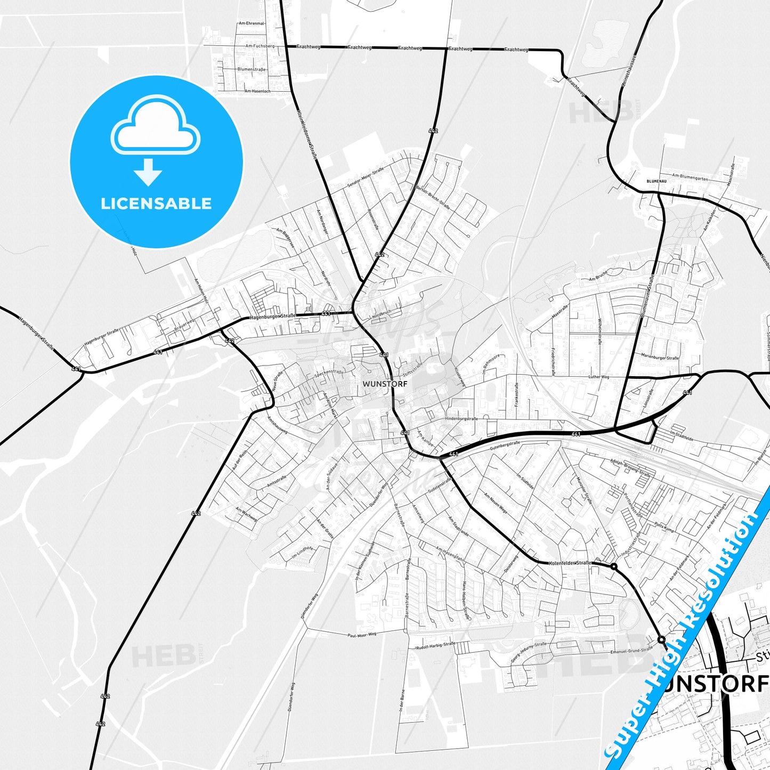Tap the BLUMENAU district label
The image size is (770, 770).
pos(656,181)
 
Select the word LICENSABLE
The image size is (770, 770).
pos(156,204)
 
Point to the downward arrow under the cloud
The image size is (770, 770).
pos(148,172)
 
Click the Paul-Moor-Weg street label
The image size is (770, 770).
pos(362,635)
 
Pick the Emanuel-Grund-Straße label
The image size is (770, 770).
pos(631,650)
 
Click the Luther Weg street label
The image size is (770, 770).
pos(598,377)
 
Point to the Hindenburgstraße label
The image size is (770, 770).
pos(461,419)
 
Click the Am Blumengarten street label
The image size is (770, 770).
pos(690,177)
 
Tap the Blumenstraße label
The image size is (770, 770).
pos(252,69)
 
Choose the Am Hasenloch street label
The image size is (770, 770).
pos(257,91)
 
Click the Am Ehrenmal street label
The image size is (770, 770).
pos(252,23)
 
